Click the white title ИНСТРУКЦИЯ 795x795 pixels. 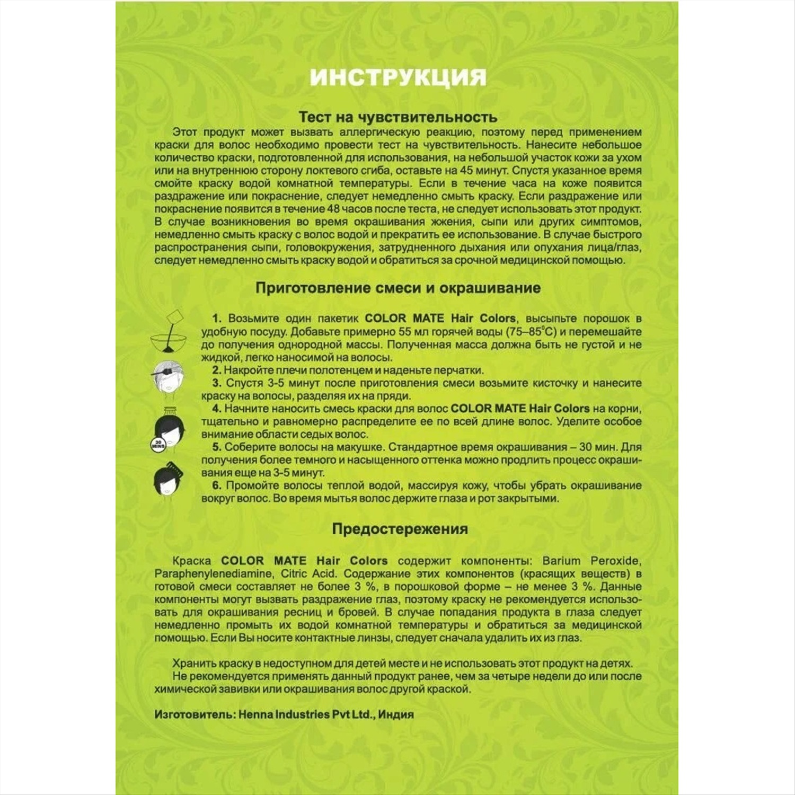click(x=397, y=77)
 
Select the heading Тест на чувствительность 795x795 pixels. click(x=397, y=117)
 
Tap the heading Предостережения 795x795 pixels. click(x=400, y=529)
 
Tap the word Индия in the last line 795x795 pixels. click(x=396, y=714)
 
